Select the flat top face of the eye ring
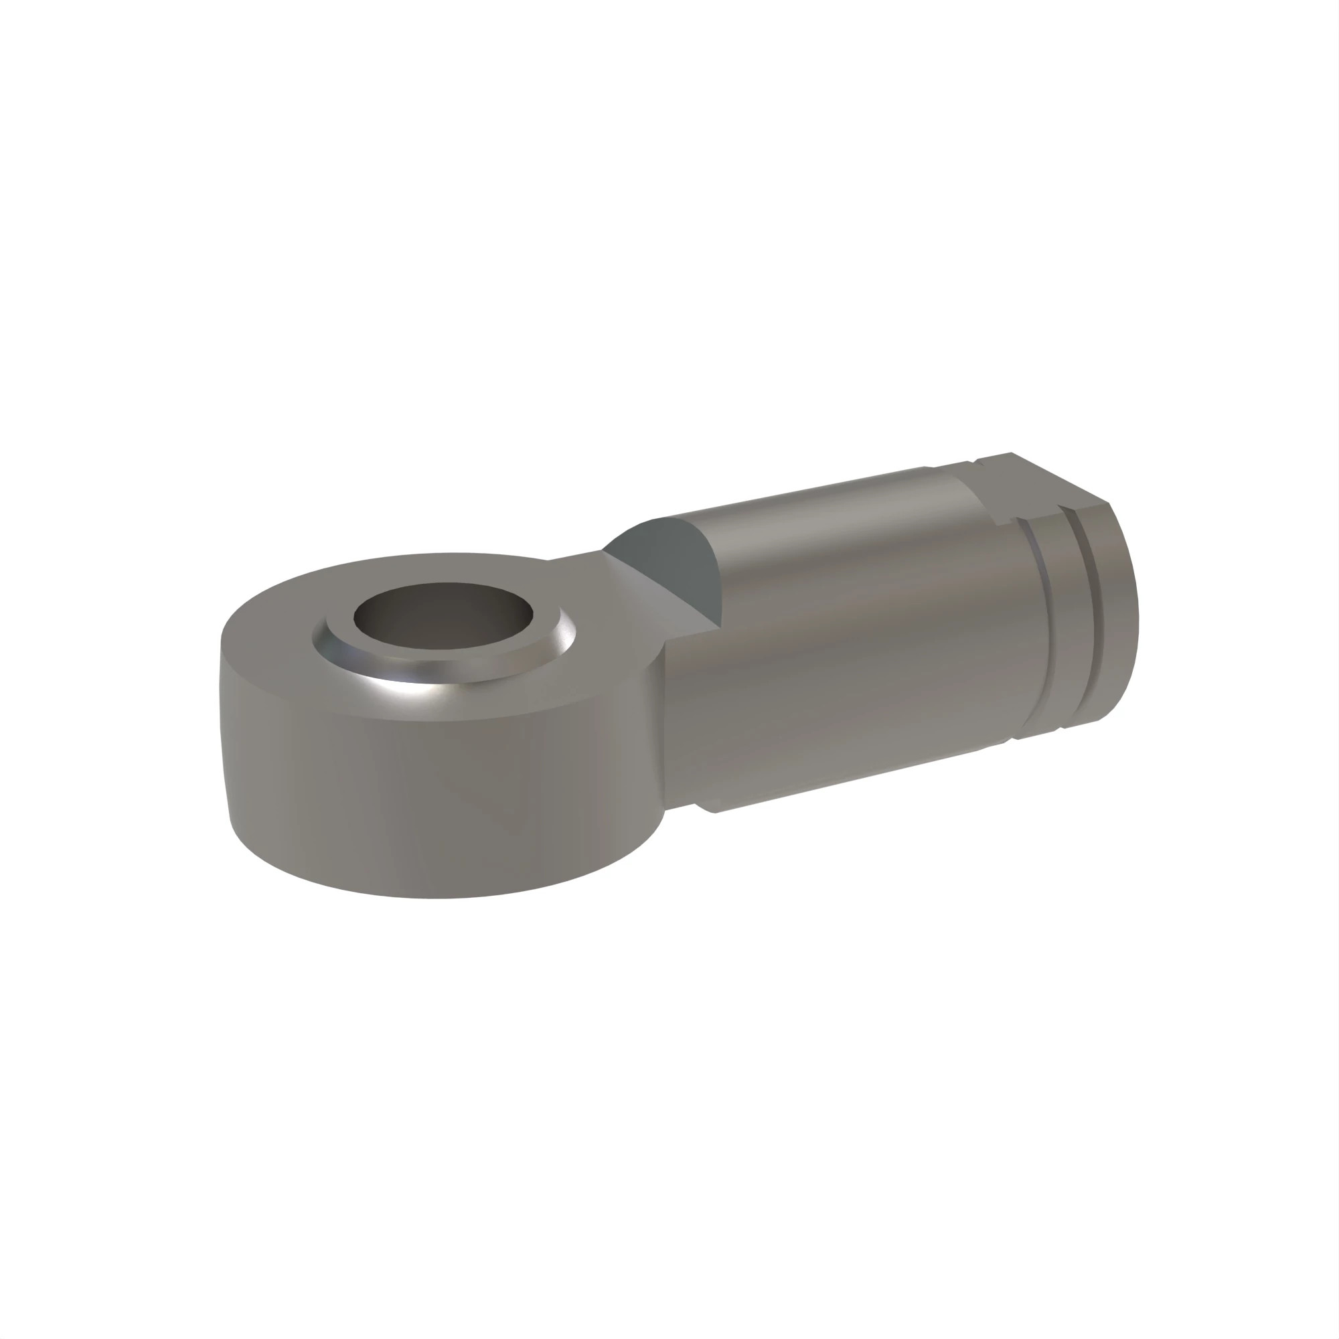pos(277,624)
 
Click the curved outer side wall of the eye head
pos(416,797)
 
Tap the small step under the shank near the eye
pos(704,808)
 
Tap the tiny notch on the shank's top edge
pos(927,469)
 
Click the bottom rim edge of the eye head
pos(437,898)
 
